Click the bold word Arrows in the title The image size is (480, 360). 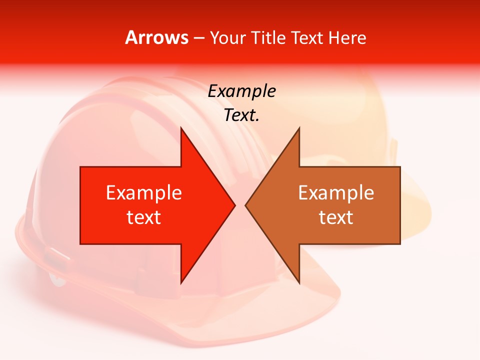coord(157,37)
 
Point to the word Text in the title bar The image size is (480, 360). coord(309,37)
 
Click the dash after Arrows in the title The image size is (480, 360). coord(199,38)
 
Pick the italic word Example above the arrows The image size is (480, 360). coord(242,91)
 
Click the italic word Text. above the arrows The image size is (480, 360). coord(242,115)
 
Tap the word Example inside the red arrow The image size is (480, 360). coord(144,193)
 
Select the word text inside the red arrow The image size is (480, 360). coord(144,217)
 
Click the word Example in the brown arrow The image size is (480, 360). coord(336,193)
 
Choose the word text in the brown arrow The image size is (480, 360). coord(336,217)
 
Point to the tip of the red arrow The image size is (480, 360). coord(234,205)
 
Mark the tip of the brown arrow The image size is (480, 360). coord(245,205)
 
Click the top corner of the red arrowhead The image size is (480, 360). coord(181,128)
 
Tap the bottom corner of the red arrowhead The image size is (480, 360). coord(181,282)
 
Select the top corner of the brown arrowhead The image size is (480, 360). coord(299,128)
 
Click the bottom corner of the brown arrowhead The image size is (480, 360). coord(299,282)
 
